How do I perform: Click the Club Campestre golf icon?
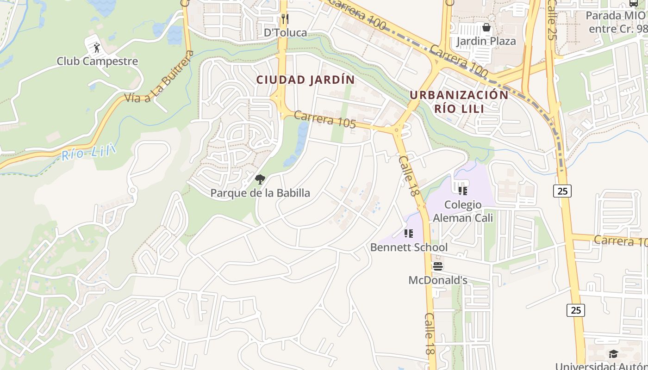pos(97,47)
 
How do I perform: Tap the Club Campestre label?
pos(97,61)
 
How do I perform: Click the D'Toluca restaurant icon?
pos(285,19)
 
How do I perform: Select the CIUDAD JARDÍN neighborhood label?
pos(305,80)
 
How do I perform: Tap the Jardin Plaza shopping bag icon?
pos(486,28)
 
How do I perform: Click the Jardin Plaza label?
pos(486,41)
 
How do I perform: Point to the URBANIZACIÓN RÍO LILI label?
pos(459,102)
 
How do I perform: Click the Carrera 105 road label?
pos(324,119)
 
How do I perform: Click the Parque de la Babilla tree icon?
pos(260,179)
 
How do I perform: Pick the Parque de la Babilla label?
pos(260,193)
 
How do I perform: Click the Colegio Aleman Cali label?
pos(463,211)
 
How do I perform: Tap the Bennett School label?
pos(409,247)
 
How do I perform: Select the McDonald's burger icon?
pos(437,266)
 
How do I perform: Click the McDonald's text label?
pos(437,280)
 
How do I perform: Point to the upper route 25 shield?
pos(562,191)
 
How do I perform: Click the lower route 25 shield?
pos(576,310)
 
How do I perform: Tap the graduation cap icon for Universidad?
pos(613,354)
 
